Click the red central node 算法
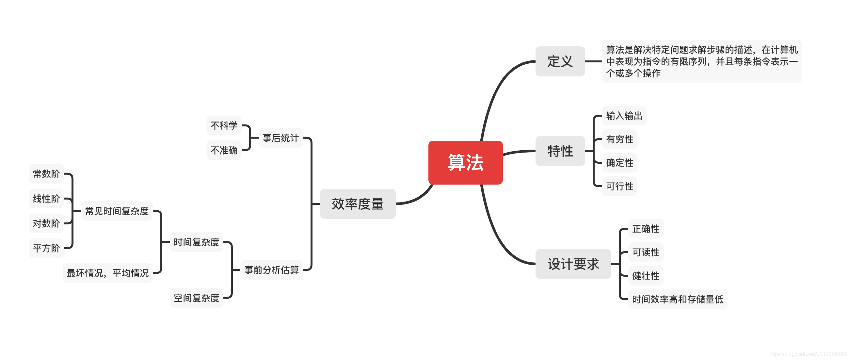tap(465, 163)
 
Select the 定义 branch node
tap(560, 61)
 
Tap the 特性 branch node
tap(560, 151)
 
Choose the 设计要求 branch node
tap(573, 264)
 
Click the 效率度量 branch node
tap(358, 204)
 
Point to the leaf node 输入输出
tap(624, 116)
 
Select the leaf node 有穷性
tap(620, 139)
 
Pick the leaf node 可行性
tap(620, 186)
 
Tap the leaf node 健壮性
tap(646, 276)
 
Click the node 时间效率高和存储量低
tap(677, 299)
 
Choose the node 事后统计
tap(280, 138)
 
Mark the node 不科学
tap(224, 125)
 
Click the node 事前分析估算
tap(271, 270)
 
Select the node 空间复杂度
tap(197, 298)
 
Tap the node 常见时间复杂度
tap(117, 211)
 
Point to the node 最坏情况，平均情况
tap(107, 273)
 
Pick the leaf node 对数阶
tap(46, 223)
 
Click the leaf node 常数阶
tap(46, 174)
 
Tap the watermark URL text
tap(808, 354)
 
